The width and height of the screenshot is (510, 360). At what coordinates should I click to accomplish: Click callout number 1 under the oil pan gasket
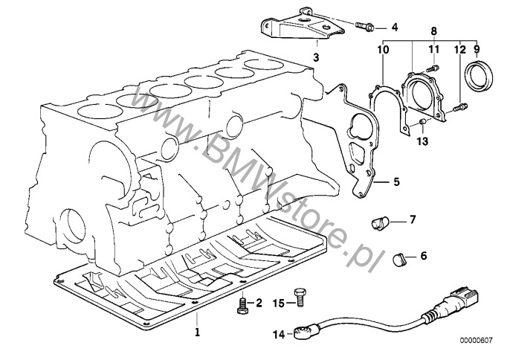(x=198, y=331)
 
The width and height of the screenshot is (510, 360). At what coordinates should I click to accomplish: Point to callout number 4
(x=395, y=28)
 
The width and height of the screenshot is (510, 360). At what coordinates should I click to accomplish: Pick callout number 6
(x=424, y=256)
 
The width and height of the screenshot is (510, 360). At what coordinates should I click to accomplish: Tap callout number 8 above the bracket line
(x=434, y=30)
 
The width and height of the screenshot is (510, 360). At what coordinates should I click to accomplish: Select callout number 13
(x=422, y=140)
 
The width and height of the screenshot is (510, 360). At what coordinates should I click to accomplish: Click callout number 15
(x=277, y=303)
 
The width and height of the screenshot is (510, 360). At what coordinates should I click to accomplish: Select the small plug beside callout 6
(x=400, y=258)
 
